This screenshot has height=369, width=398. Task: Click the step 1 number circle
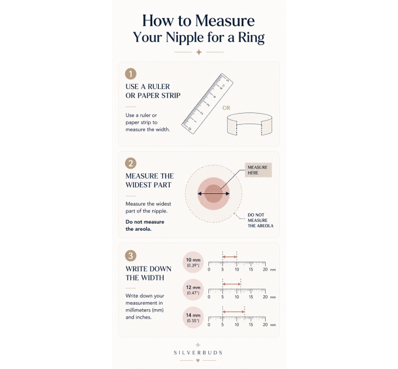(x=131, y=74)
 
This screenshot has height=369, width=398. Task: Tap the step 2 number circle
(x=131, y=163)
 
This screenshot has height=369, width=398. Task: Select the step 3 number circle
(x=131, y=255)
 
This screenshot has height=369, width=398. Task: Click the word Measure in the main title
(x=225, y=20)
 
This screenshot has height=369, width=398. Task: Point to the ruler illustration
(x=207, y=104)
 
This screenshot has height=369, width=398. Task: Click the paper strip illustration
(x=249, y=124)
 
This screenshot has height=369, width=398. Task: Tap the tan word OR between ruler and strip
(x=226, y=108)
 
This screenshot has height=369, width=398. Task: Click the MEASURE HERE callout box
(x=258, y=170)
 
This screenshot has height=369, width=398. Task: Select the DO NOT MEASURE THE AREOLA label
(x=260, y=220)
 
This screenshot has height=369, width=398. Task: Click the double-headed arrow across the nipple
(x=214, y=194)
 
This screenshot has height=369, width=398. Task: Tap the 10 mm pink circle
(x=193, y=262)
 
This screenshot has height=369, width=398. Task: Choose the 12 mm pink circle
(x=193, y=290)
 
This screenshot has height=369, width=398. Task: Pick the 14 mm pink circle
(x=193, y=317)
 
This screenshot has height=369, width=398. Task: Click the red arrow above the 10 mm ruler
(x=229, y=257)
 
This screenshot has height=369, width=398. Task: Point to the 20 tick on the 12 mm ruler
(x=265, y=291)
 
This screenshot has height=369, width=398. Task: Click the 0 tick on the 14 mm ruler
(x=208, y=319)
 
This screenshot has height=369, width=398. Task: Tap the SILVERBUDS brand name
(x=198, y=353)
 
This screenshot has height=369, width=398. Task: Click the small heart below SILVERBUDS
(x=198, y=360)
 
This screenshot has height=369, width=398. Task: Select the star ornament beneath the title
(x=199, y=52)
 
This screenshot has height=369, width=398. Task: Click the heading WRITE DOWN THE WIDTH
(x=149, y=274)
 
